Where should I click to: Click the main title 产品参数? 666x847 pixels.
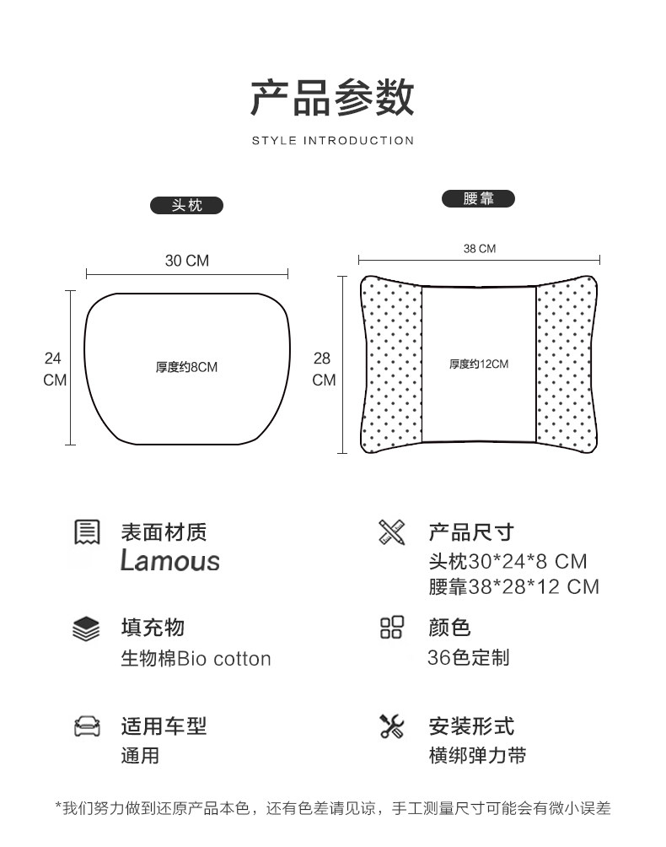tap(332, 98)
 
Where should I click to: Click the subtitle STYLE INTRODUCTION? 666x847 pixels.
tap(332, 141)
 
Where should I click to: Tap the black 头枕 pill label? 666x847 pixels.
tap(186, 205)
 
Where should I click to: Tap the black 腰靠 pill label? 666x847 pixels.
tap(478, 199)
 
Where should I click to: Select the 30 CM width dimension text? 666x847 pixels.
tap(186, 261)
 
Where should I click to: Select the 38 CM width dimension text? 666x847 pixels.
tap(479, 249)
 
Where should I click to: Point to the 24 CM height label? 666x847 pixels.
tap(54, 369)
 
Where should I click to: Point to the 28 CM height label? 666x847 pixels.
tap(324, 369)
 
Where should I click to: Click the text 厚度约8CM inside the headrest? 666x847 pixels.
tap(186, 367)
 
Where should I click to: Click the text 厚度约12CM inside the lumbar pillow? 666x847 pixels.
tap(478, 364)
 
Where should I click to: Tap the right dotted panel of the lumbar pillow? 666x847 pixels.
tap(565, 364)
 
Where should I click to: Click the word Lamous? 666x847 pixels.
tap(169, 561)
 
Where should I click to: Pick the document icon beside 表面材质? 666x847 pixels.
tap(87, 532)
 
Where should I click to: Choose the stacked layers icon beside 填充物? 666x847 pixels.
tap(87, 629)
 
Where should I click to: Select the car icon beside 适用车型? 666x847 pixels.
tap(87, 726)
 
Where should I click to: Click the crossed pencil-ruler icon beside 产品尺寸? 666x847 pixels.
tap(392, 532)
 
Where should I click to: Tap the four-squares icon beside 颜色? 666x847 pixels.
tap(392, 629)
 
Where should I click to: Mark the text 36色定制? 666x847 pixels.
tap(468, 658)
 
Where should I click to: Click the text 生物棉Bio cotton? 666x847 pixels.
tap(196, 659)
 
